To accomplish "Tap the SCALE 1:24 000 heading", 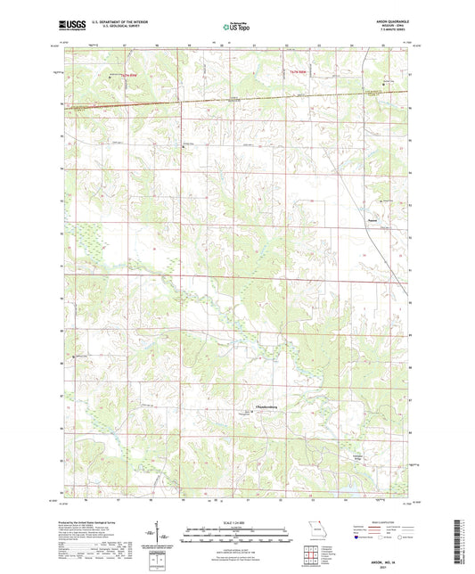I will (236, 521).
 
